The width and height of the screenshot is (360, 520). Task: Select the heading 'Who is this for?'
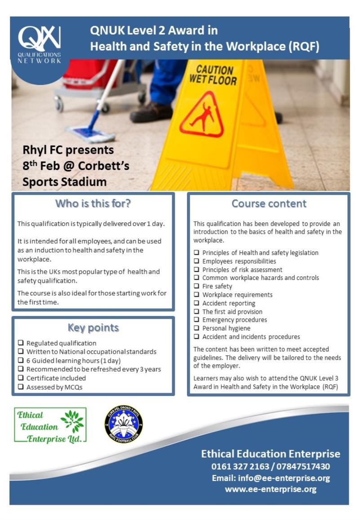coord(93,204)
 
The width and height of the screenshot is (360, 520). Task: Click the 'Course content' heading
coord(269,204)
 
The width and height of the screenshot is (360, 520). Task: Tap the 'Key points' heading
coord(93,328)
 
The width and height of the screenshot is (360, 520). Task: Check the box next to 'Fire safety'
coord(196,286)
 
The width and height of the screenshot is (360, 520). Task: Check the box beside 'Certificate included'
coord(21,378)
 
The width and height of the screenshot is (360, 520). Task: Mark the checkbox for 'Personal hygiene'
coord(196,329)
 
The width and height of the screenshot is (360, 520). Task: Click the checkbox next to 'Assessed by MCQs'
coord(21,387)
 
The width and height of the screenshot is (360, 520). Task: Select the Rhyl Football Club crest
coord(124,424)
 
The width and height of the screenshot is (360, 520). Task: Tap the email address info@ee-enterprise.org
coord(271,478)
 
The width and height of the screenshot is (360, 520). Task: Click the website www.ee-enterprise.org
coord(271,489)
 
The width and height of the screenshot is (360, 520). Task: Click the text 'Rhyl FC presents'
coord(68,150)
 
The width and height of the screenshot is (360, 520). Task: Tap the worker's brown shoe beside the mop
coord(151,112)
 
